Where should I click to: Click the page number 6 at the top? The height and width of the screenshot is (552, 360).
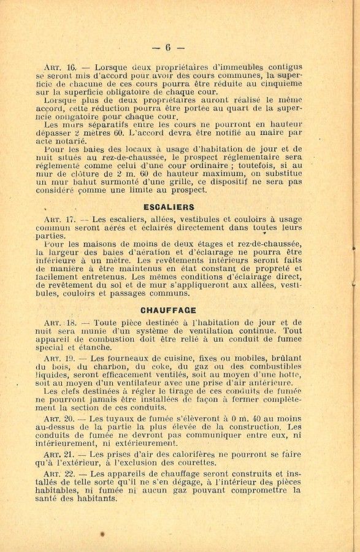coord(167,47)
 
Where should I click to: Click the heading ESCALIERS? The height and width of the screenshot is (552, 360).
coord(169,207)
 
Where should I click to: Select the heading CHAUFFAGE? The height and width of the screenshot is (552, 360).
coord(167,310)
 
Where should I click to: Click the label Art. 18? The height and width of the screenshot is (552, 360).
coord(59,322)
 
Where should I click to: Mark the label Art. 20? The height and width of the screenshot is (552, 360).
coord(59,418)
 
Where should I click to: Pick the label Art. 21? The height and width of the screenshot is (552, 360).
coord(59,453)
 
